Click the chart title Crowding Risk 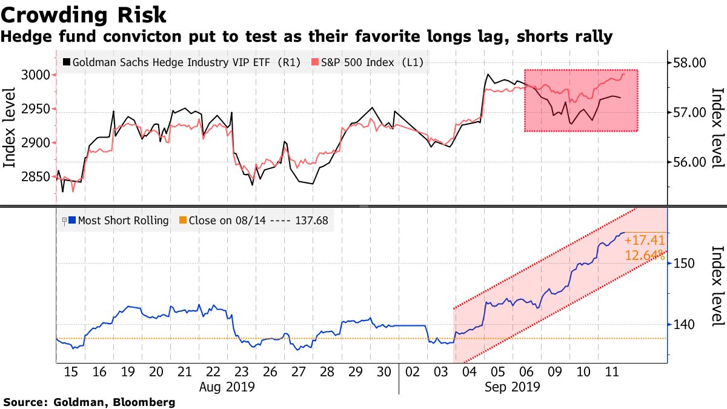(x=84, y=15)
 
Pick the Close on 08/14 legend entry (x=258, y=221)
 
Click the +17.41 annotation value (x=645, y=241)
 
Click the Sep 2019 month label (x=513, y=386)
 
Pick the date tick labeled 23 (x=241, y=371)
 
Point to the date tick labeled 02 (x=413, y=371)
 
